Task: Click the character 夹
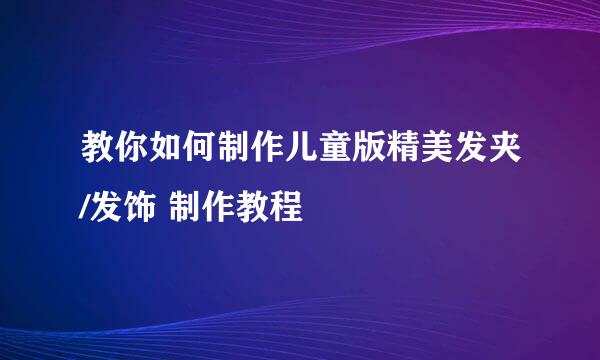(514, 155)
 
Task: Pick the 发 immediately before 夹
(479, 155)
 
